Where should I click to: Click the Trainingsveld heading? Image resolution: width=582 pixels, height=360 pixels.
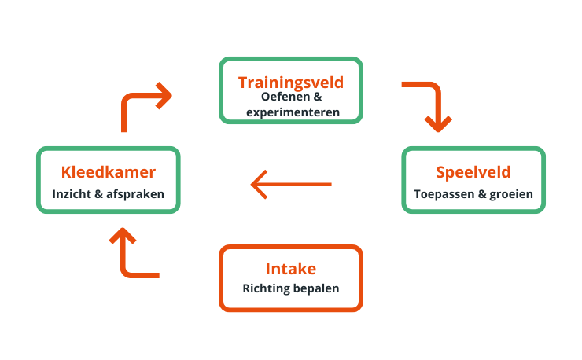[291, 82]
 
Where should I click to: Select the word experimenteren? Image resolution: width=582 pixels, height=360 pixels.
[293, 112]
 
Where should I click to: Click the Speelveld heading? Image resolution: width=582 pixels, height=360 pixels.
[473, 172]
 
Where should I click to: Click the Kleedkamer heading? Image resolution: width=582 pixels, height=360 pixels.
[109, 172]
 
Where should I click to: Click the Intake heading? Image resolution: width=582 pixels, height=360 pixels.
[291, 270]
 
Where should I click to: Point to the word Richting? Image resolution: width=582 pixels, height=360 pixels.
[267, 288]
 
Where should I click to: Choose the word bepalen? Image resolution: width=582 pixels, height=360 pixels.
[317, 288]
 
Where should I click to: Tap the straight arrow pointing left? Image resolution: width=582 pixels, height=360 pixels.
[291, 185]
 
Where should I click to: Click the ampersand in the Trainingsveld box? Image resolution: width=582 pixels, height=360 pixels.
[317, 97]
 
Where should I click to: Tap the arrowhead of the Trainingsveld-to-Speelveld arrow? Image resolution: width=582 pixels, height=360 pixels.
[438, 123]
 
